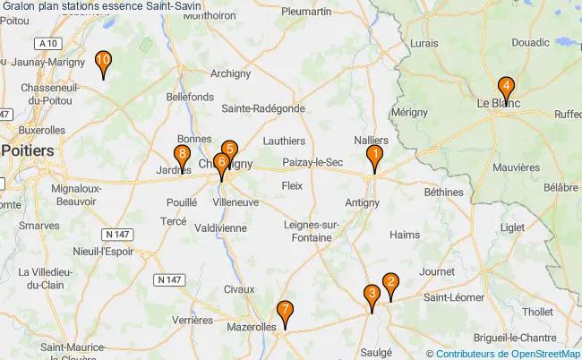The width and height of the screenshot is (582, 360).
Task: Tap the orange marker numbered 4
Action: pyautogui.click(x=506, y=89)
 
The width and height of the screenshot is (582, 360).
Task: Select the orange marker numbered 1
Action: pyautogui.click(x=374, y=157)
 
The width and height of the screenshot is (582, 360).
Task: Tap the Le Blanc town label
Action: pyautogui.click(x=498, y=103)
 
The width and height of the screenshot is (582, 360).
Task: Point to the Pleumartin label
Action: pyautogui.click(x=306, y=12)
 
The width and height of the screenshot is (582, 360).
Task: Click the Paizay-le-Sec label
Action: pyautogui.click(x=312, y=162)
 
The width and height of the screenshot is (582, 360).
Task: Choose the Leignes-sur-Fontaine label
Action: pyautogui.click(x=309, y=231)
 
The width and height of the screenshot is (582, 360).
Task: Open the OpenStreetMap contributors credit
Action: pyautogui.click(x=502, y=353)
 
